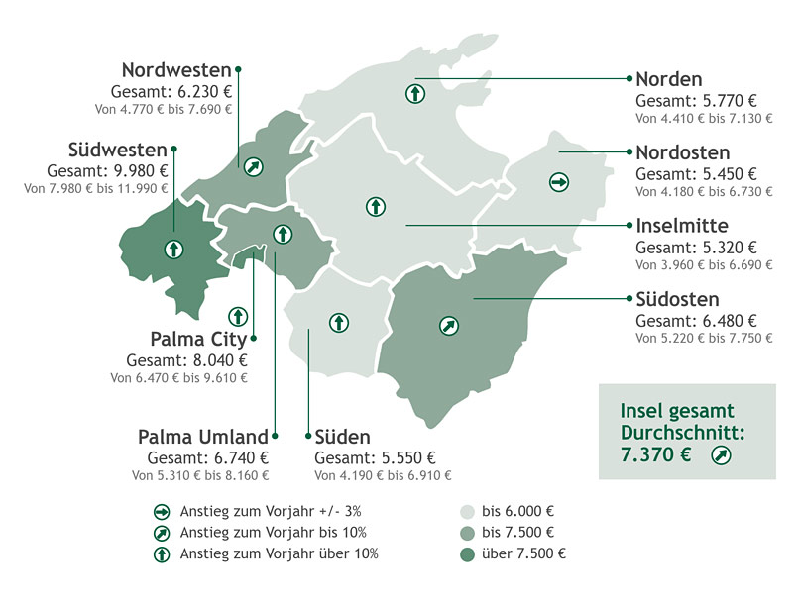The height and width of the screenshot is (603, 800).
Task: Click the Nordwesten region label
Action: [176, 70]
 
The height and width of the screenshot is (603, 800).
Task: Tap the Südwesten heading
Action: [118, 150]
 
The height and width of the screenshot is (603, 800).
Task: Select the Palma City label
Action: [198, 340]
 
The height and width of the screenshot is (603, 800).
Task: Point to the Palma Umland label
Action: [202, 437]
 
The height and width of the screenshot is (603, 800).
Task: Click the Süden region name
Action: [343, 437]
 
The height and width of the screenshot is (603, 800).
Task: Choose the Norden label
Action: [668, 79]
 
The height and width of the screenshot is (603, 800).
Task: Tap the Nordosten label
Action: [682, 152]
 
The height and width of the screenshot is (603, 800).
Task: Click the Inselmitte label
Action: [682, 226]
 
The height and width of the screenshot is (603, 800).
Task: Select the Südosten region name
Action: [677, 299]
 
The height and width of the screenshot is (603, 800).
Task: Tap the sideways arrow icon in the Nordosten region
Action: [558, 182]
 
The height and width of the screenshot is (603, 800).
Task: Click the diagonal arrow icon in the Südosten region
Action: [448, 324]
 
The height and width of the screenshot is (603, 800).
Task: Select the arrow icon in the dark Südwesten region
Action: [173, 249]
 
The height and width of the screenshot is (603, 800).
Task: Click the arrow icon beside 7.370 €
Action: [721, 455]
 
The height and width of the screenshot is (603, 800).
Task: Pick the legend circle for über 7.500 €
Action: [467, 553]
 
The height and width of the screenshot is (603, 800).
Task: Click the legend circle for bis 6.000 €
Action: [467, 512]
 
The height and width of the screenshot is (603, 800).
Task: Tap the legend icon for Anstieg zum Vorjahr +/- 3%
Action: [161, 512]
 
